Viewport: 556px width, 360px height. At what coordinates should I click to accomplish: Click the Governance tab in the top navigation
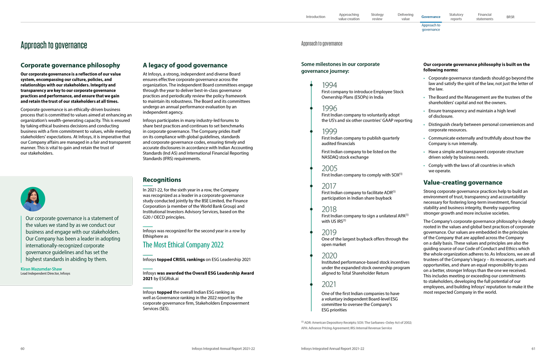click(430, 17)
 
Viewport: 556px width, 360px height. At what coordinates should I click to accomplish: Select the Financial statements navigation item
click(484, 17)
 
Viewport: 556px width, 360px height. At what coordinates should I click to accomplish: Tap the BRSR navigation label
click(510, 17)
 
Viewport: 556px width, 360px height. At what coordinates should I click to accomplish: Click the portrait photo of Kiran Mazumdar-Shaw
click(33, 199)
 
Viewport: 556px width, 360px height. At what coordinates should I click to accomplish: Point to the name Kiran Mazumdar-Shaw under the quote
click(41, 269)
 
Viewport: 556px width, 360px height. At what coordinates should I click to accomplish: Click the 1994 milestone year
click(329, 85)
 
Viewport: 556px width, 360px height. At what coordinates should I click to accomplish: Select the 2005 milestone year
click(329, 168)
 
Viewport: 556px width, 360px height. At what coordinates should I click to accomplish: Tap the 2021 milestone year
click(329, 284)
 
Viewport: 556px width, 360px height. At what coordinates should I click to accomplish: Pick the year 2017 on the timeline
click(329, 186)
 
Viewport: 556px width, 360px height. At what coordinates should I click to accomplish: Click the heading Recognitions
click(162, 180)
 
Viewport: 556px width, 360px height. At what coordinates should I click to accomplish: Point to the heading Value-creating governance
click(462, 183)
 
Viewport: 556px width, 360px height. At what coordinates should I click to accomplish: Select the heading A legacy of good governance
click(185, 65)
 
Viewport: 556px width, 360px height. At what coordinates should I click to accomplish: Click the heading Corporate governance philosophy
click(70, 65)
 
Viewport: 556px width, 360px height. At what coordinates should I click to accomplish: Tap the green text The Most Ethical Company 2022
click(183, 245)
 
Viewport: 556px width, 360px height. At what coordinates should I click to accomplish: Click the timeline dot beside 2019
click(311, 232)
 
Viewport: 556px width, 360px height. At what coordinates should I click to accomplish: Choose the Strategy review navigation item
click(377, 17)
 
